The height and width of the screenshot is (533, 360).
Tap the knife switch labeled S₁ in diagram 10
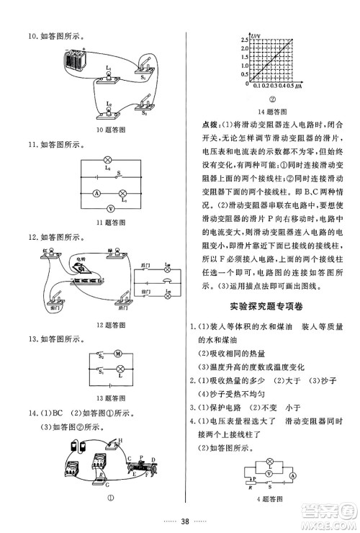145,73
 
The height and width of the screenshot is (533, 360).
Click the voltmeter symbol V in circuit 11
109,207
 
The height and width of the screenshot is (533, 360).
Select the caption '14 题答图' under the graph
273,112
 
